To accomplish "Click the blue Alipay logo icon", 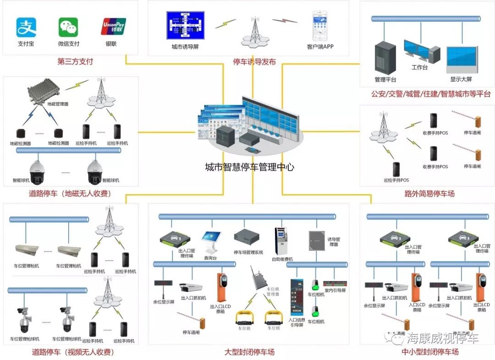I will point(26,27).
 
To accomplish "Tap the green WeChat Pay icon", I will point(68,27).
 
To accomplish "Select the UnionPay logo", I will point(113,27).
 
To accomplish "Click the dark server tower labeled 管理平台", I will point(385,58).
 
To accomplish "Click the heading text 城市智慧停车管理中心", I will point(249,167).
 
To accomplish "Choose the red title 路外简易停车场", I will point(429,194).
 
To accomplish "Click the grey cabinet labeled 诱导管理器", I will point(317,240).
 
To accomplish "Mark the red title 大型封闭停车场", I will point(249,352).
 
